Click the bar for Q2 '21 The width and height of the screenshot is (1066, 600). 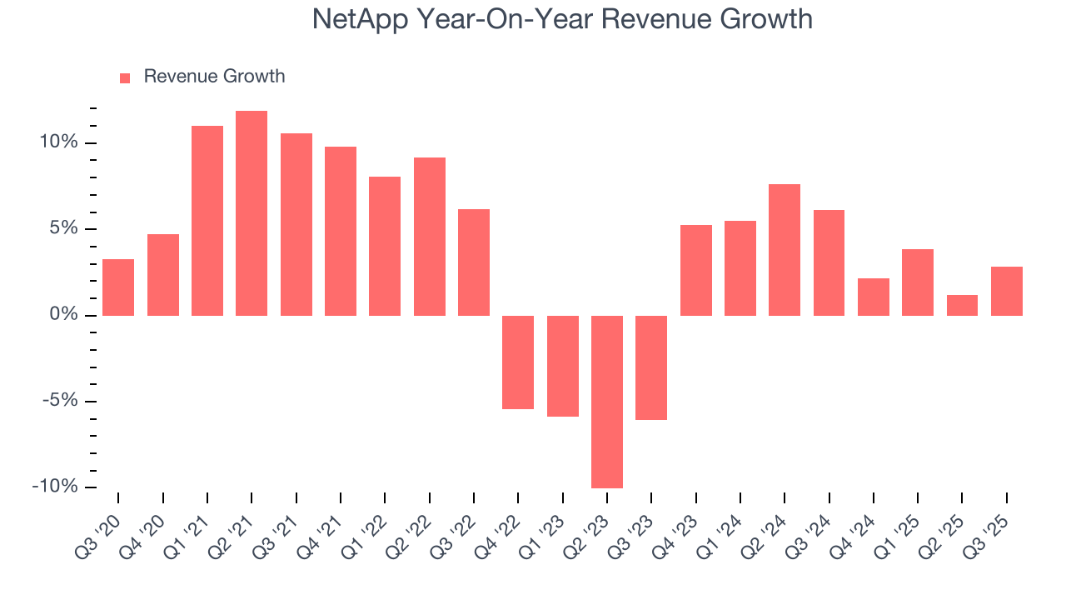click(x=252, y=213)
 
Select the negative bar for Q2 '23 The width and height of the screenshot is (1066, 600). click(x=607, y=402)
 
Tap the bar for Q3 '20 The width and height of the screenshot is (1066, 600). click(x=118, y=287)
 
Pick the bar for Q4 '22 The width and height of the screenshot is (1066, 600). click(x=518, y=362)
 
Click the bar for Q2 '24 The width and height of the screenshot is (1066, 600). click(x=785, y=250)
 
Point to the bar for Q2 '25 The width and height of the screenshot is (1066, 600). click(x=962, y=305)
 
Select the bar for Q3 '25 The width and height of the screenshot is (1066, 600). click(x=1007, y=291)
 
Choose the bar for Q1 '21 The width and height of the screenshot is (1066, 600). click(x=207, y=221)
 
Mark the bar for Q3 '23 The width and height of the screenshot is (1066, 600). click(x=651, y=367)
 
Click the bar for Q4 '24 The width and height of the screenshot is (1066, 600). click(x=874, y=297)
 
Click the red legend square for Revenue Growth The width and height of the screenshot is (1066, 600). click(x=125, y=78)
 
